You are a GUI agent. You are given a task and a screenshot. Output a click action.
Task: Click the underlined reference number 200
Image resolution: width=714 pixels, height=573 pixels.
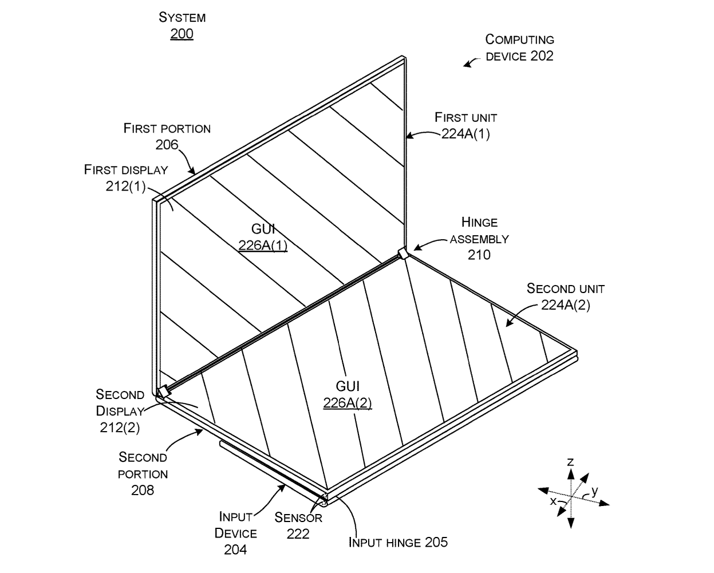pos(182,34)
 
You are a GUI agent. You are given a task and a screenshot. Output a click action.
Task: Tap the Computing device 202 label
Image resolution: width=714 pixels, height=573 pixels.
pos(519,48)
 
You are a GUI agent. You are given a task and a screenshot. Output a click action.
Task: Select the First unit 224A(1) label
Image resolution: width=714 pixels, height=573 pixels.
pos(466,126)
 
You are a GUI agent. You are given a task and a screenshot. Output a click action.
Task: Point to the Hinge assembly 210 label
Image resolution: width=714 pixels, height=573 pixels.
pos(479,238)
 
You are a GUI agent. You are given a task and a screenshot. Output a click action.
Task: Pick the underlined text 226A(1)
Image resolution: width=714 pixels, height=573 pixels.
pos(263,246)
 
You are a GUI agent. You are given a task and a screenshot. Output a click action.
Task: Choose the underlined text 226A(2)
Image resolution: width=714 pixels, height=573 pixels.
pos(347,403)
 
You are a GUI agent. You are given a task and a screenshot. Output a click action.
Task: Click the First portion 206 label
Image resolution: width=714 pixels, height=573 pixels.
pos(167,136)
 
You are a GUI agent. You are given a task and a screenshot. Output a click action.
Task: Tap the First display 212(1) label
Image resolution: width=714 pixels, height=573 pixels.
pos(126,177)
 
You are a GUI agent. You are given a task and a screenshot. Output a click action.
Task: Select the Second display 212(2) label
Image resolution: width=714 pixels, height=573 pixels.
pos(120,410)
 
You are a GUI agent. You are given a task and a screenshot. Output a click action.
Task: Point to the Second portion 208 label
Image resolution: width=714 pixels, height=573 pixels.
pos(143,473)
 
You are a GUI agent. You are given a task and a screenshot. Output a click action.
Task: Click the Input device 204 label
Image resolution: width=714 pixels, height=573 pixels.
pos(235,533)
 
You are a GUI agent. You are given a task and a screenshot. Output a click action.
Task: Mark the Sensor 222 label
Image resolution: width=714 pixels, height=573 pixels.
pos(298,525)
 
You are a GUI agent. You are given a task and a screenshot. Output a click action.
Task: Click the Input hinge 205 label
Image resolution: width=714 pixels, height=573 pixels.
pos(398,542)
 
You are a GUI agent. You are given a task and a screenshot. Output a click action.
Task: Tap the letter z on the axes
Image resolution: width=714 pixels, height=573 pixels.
pos(570,461)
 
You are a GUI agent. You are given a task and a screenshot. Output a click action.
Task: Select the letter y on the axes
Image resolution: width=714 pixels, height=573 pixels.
pos(594,490)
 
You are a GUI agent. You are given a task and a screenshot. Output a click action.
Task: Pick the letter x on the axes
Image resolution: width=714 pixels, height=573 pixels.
pos(553,501)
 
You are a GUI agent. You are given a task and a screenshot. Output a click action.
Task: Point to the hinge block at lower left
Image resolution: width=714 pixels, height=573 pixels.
pos(163,392)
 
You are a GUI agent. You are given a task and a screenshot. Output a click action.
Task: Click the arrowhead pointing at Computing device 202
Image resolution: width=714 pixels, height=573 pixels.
pos(468,64)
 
